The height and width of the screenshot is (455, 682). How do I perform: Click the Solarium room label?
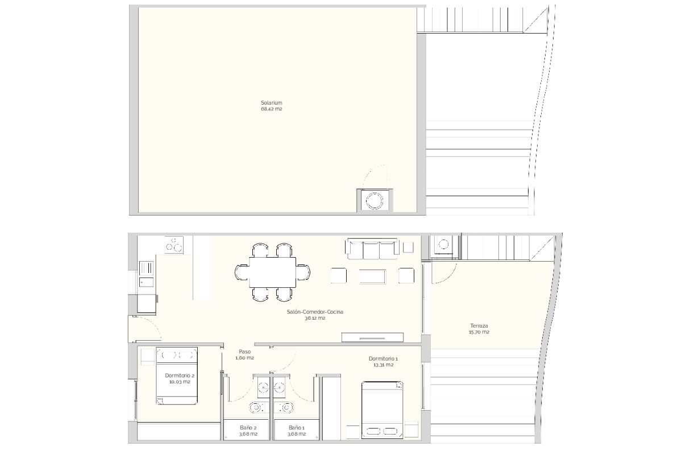pos(271,103)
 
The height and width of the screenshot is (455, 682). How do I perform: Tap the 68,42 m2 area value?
pos(271,109)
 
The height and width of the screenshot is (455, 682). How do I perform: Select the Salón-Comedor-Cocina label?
pos(315,312)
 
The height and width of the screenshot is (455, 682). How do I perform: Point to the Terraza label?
pos(479,325)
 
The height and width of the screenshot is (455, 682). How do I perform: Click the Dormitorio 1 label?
pos(383,359)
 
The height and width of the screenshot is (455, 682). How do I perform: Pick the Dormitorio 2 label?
pos(180,375)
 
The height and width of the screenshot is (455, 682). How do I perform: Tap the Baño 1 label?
pos(296,428)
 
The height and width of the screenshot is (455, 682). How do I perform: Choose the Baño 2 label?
pos(248,428)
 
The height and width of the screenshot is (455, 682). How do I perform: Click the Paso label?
pos(244,351)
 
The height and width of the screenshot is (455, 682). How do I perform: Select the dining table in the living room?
pos(272,272)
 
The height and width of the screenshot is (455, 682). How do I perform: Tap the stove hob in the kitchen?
pos(174,245)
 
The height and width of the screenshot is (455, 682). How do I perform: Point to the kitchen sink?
pos(146,282)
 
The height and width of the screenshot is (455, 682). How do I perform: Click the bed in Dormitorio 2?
pos(177,376)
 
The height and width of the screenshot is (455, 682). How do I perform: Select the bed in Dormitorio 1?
pos(382,410)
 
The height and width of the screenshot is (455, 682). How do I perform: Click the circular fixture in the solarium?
pos(375,201)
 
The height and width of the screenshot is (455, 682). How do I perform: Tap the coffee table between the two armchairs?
pos(372,277)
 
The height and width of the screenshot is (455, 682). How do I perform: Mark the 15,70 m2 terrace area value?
pos(479,332)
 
